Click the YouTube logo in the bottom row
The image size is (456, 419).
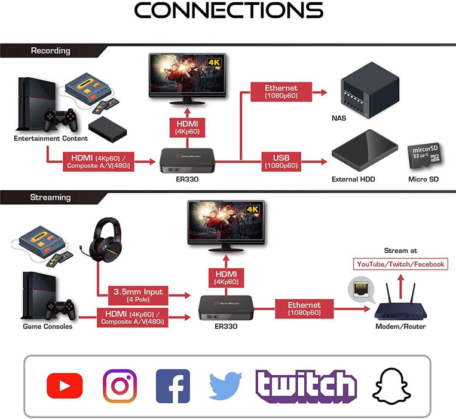[x=65, y=385]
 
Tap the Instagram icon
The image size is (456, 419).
[x=120, y=385]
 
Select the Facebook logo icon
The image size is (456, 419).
[x=173, y=385]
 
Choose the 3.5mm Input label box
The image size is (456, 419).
[x=138, y=294]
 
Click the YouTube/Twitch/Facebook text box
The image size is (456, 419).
[x=400, y=264]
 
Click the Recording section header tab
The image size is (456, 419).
[x=51, y=51]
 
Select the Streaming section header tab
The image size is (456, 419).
[x=51, y=197]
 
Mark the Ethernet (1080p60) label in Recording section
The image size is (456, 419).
[x=281, y=92]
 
